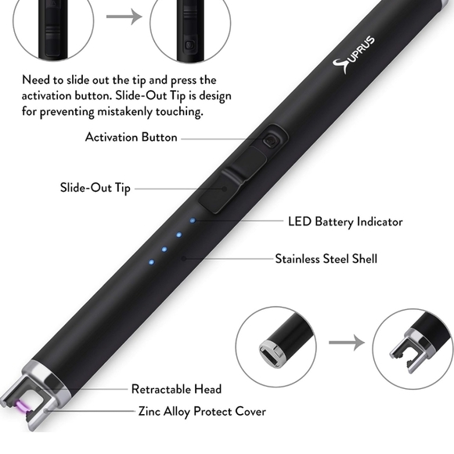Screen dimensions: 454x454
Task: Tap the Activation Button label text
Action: (132, 138)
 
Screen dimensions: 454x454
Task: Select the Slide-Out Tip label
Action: (95, 188)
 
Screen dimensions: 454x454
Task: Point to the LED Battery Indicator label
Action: (345, 222)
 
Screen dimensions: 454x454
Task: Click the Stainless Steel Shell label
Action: (326, 258)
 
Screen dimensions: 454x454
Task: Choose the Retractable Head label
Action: (176, 389)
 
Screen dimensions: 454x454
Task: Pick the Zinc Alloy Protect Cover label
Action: (202, 411)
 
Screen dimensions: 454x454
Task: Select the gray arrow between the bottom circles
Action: (346, 343)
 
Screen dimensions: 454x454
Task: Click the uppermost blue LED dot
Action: (193, 221)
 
